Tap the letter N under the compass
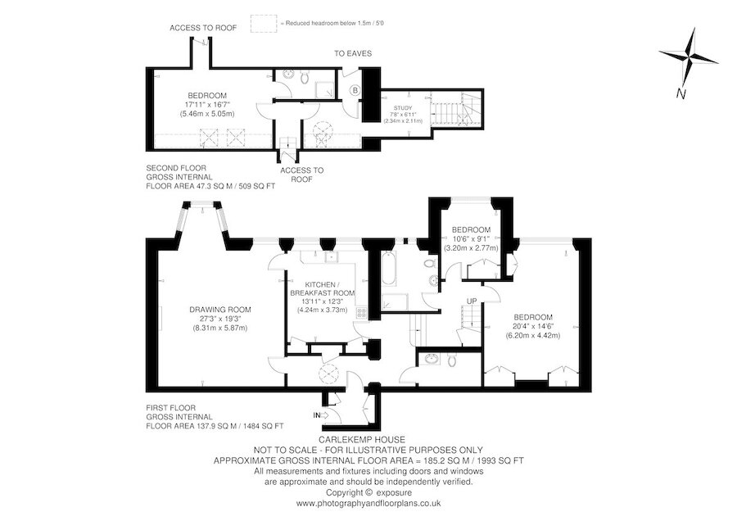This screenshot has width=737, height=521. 680,93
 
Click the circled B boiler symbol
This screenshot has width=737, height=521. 355,90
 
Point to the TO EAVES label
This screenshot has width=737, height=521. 353,53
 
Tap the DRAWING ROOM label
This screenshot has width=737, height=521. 220,310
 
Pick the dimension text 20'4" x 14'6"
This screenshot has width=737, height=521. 532,326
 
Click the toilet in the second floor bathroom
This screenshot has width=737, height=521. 303,76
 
